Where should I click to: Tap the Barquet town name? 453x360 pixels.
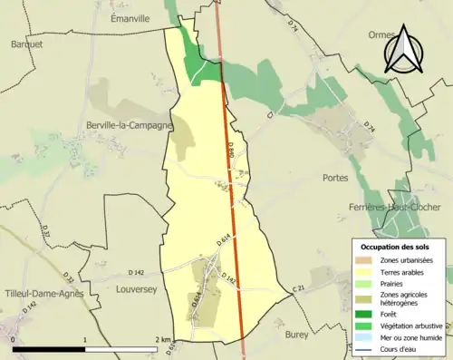(x=26, y=44)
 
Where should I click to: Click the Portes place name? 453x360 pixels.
(x=334, y=178)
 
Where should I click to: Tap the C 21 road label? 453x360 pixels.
(x=299, y=289)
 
